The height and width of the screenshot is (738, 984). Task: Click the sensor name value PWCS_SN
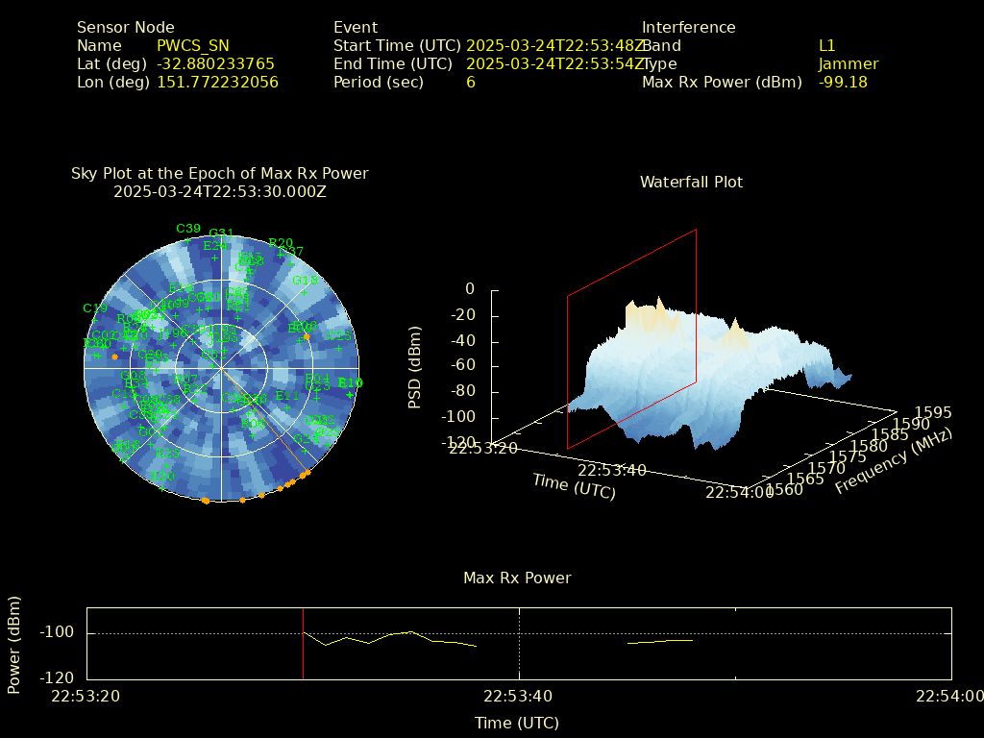click(x=193, y=45)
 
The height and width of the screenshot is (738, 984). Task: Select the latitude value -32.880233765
click(x=215, y=63)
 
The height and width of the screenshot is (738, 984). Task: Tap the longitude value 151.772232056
click(x=217, y=82)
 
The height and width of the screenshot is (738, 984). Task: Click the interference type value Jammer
click(x=849, y=63)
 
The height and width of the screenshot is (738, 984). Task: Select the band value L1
click(x=827, y=45)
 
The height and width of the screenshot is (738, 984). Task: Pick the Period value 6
click(x=471, y=82)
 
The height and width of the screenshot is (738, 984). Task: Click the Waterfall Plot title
click(x=691, y=182)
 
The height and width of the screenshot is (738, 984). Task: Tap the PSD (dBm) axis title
click(x=415, y=367)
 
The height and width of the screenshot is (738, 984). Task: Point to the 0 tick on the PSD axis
click(x=470, y=289)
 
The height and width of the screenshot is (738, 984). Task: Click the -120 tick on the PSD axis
click(x=461, y=442)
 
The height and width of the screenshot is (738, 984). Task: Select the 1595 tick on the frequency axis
click(x=934, y=412)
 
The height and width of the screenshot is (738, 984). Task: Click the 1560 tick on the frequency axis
click(x=786, y=490)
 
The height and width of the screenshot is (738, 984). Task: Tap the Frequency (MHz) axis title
click(x=893, y=462)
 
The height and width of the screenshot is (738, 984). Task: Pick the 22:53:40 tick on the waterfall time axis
click(x=612, y=469)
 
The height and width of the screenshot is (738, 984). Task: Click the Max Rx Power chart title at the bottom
click(x=517, y=578)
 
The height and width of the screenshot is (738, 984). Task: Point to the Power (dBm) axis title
click(x=14, y=644)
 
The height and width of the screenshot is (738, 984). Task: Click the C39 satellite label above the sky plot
click(x=188, y=229)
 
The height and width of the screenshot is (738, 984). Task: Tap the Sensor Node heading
click(x=126, y=27)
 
